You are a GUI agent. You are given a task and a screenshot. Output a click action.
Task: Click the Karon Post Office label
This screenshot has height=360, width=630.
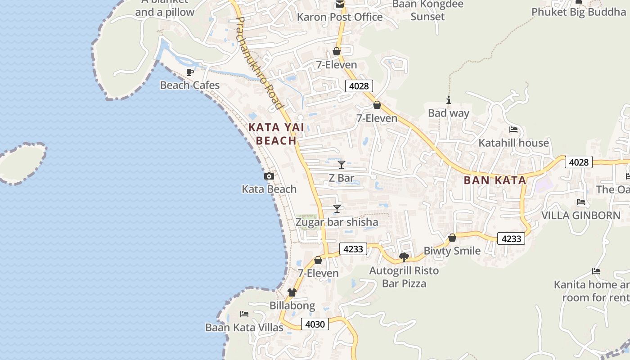coord(340,17)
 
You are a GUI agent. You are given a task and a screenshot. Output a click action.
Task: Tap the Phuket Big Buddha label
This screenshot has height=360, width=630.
coord(578,12)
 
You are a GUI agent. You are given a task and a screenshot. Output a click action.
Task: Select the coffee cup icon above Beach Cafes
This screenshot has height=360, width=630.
coord(190,72)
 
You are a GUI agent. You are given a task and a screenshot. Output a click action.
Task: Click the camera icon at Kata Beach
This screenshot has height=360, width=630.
coord(269,176)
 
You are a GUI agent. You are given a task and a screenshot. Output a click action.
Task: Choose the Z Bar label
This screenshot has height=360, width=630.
coord(341,178)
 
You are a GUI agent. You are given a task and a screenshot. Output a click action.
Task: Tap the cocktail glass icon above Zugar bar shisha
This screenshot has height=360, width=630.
coord(337,209)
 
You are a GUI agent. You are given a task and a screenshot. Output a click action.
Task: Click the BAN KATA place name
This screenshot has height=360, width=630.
coord(495,180)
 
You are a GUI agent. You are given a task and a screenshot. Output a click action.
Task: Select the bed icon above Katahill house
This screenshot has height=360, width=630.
coord(513,130)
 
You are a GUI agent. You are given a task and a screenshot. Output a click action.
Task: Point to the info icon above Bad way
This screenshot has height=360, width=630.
coord(448,100)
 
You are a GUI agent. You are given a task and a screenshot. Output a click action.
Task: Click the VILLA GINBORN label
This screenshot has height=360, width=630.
coord(580,216)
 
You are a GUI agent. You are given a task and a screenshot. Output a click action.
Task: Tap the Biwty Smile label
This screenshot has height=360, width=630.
coord(452,251)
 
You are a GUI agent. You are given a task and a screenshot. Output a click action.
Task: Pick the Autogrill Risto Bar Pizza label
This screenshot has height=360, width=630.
coord(404,277)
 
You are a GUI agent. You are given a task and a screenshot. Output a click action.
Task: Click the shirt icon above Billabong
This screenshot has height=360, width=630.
coord(292,293)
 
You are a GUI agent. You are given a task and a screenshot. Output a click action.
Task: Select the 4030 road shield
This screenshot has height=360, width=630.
coord(315,324)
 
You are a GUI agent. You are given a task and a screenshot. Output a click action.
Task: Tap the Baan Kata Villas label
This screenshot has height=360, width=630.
coord(244,327)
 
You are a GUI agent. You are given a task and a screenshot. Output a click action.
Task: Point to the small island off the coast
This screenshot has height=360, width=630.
coord(21,163)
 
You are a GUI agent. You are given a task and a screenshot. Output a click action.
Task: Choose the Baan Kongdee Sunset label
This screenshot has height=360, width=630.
coord(427,10)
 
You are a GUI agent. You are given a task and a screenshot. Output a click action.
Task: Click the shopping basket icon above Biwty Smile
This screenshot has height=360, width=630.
coord(452,238)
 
